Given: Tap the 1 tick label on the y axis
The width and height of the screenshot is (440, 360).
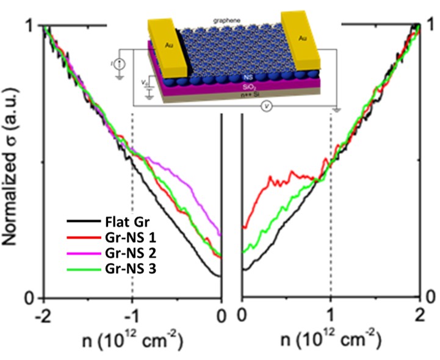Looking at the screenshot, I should pyautogui.click(x=27, y=26).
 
